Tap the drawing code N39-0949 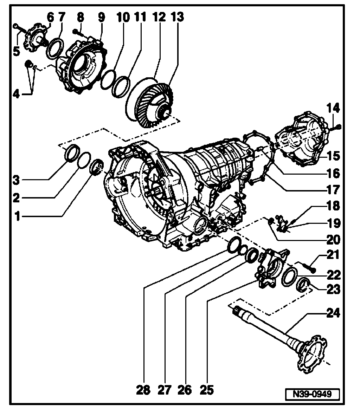pos(313,394)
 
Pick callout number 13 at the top pos(177,17)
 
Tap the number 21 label pos(333,255)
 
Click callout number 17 pos(333,190)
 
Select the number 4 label pos(17,95)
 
